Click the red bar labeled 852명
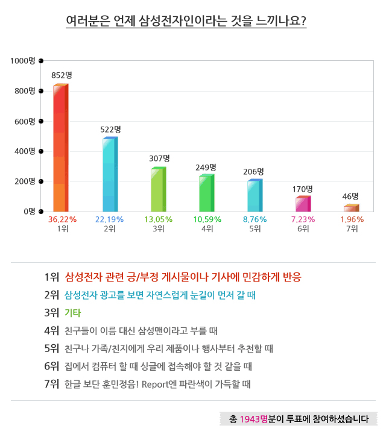(x=60, y=148)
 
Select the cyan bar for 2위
(x=109, y=175)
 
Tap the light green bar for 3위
(x=157, y=190)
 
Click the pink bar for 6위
(x=302, y=204)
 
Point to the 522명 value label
(x=110, y=130)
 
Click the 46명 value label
(x=350, y=197)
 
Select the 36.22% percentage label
(x=62, y=219)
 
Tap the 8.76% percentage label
(x=255, y=219)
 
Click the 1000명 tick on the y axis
(x=24, y=61)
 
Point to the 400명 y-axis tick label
(x=26, y=151)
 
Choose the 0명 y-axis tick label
(x=30, y=212)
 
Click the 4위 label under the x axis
(x=207, y=229)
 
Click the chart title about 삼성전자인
(x=186, y=22)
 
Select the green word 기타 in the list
(x=72, y=313)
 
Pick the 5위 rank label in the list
(x=51, y=348)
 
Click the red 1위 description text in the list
(x=182, y=277)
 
